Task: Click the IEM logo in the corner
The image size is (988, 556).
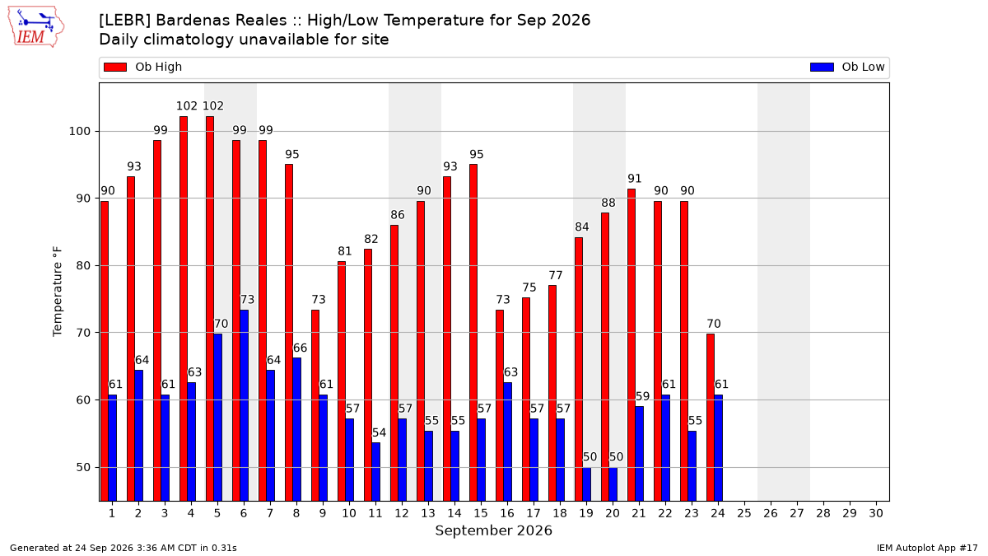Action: [x=36, y=27]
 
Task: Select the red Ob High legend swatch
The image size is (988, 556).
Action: [x=115, y=67]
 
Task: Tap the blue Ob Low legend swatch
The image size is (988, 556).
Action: [x=822, y=67]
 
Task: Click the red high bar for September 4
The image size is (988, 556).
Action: [x=184, y=309]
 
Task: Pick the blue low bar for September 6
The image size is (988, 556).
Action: [x=244, y=405]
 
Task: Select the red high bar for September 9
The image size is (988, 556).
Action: [x=315, y=405]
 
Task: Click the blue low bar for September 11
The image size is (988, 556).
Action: [x=375, y=472]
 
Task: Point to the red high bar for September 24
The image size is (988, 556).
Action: [x=711, y=418]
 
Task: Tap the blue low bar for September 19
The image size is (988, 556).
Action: [x=586, y=484]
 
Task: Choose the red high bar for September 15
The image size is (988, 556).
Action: [x=473, y=333]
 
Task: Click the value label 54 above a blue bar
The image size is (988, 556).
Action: [x=379, y=433]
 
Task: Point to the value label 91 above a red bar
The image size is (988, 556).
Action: [x=634, y=179]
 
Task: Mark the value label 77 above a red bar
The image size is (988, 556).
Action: [x=555, y=275]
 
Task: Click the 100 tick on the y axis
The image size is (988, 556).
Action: [x=79, y=132]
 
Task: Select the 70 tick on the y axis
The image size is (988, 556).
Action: [x=83, y=333]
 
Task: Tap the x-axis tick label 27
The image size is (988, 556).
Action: [x=797, y=513]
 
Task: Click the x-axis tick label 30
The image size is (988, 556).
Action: [x=876, y=513]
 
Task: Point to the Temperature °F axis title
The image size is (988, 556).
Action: [x=58, y=292]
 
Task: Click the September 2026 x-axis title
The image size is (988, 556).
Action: [x=493, y=530]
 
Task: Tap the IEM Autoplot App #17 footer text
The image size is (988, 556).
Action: [x=927, y=548]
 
